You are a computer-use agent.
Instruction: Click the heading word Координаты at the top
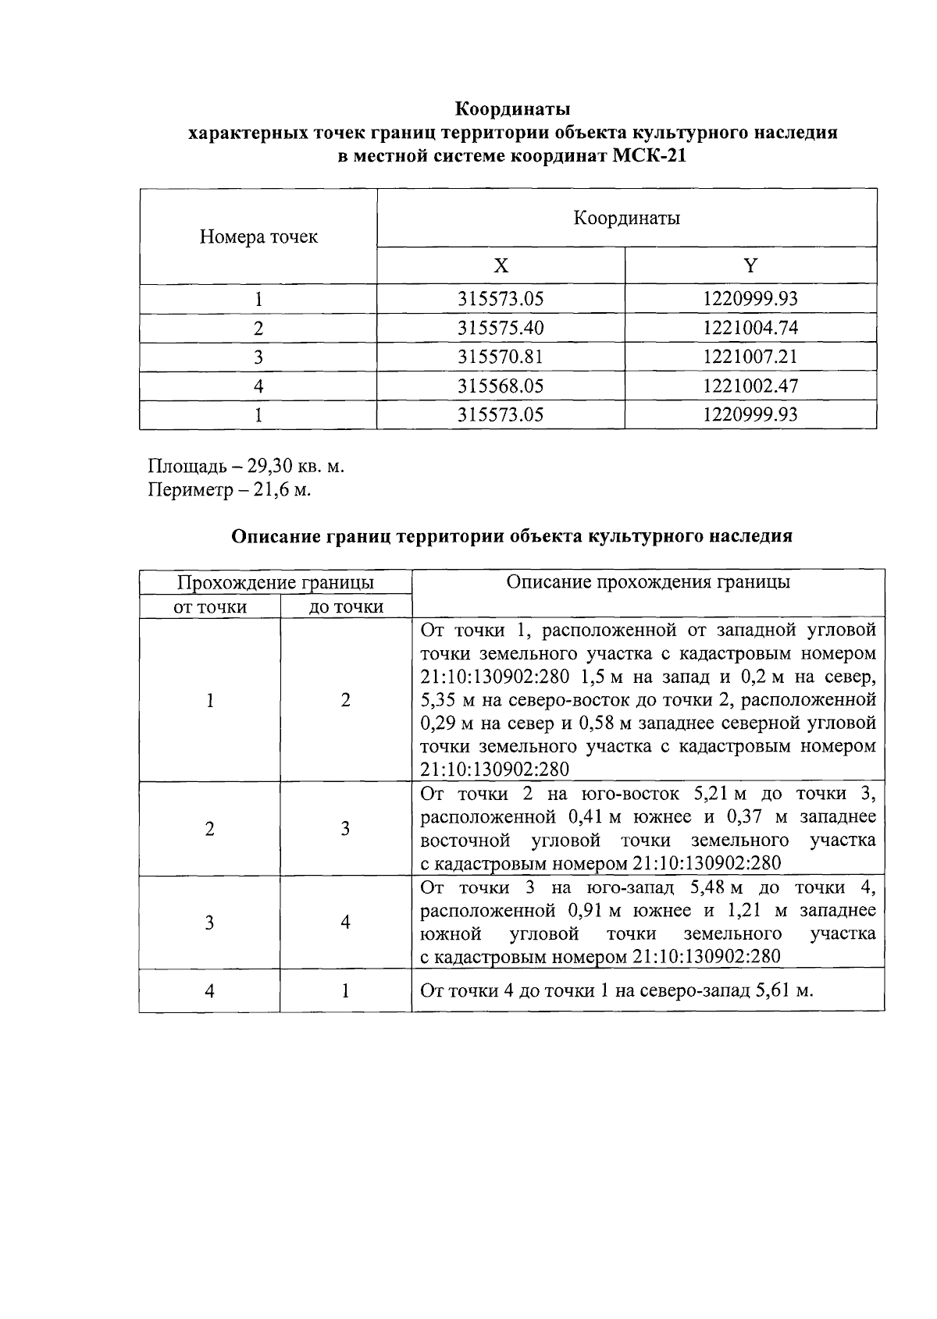(x=512, y=108)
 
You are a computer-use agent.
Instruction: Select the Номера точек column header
(x=258, y=236)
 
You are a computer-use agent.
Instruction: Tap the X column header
(x=501, y=266)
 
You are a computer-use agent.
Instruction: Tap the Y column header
(x=750, y=266)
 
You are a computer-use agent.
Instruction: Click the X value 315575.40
(x=501, y=328)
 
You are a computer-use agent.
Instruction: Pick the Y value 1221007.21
(x=750, y=357)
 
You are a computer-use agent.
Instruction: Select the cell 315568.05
(x=501, y=386)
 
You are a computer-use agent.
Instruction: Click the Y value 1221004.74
(x=750, y=328)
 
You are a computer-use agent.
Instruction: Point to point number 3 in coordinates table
(x=258, y=357)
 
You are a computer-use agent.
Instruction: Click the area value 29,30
(x=270, y=467)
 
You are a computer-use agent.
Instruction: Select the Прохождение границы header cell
(x=275, y=582)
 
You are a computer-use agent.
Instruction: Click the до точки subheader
(x=346, y=606)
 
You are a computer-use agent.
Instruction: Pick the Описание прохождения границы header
(x=647, y=582)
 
